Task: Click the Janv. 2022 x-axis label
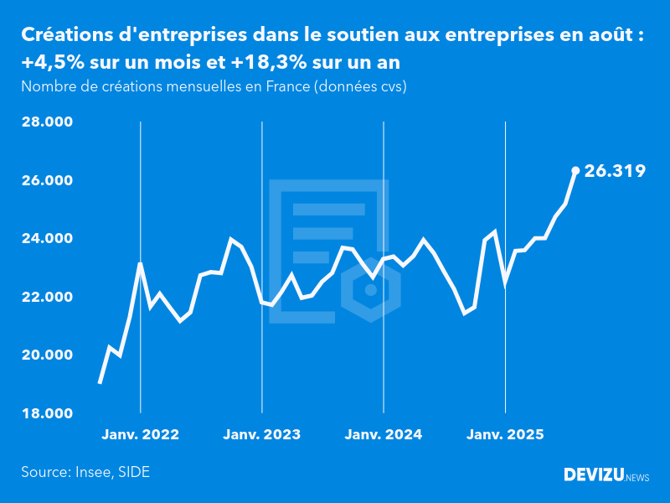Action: (141, 435)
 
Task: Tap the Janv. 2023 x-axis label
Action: (262, 435)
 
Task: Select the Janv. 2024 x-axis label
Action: (384, 435)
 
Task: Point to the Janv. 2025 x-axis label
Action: (505, 435)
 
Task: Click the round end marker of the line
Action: (575, 170)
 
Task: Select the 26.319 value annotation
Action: (615, 171)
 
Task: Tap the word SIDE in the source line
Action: (134, 472)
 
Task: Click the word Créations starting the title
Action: (65, 35)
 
